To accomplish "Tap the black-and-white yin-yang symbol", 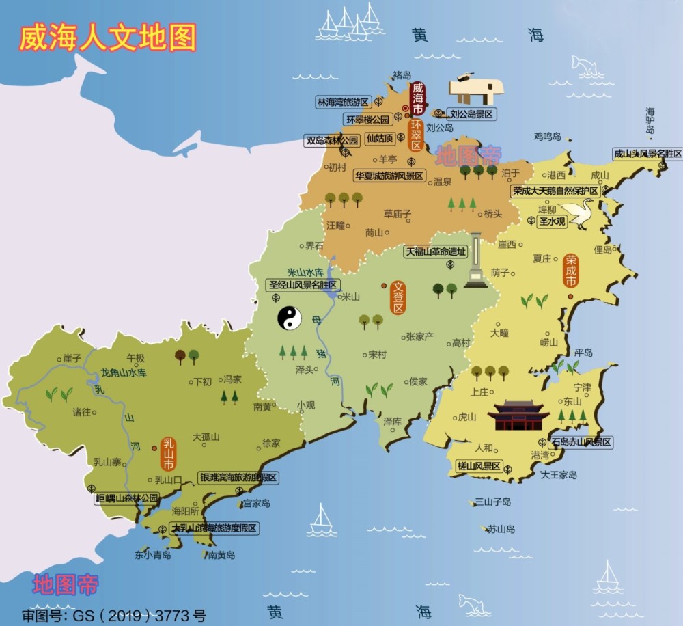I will [288, 318].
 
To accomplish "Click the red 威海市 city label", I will [417, 100].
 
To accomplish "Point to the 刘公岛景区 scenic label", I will [471, 115].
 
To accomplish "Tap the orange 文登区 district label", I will [397, 297].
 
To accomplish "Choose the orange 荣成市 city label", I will [571, 271].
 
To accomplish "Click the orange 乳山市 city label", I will [168, 453].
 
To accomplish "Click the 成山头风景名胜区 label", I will [647, 154].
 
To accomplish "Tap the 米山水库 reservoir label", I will [305, 272].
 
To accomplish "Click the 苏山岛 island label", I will [501, 529].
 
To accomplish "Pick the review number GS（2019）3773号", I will [113, 615].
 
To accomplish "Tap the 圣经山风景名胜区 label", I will [303, 285].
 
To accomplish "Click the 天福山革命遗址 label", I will [436, 251].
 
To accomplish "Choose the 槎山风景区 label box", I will [479, 467].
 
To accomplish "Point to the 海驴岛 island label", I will [650, 120].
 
